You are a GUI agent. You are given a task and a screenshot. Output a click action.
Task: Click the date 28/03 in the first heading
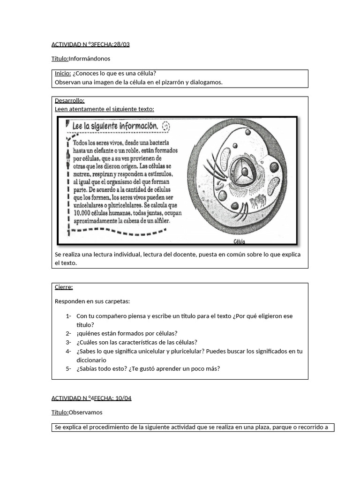click(121, 45)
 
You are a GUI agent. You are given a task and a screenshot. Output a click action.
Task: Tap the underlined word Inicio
click(63, 74)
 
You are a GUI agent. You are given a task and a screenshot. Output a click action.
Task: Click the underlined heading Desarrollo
click(69, 100)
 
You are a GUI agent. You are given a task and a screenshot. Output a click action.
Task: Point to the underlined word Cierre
click(64, 287)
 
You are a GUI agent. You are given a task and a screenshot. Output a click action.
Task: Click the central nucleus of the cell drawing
click(243, 172)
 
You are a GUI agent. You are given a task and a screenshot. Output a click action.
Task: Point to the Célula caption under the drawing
click(239, 242)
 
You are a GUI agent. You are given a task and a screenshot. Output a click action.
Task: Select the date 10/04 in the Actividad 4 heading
click(122, 398)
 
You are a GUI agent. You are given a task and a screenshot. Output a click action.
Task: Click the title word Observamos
click(85, 412)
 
